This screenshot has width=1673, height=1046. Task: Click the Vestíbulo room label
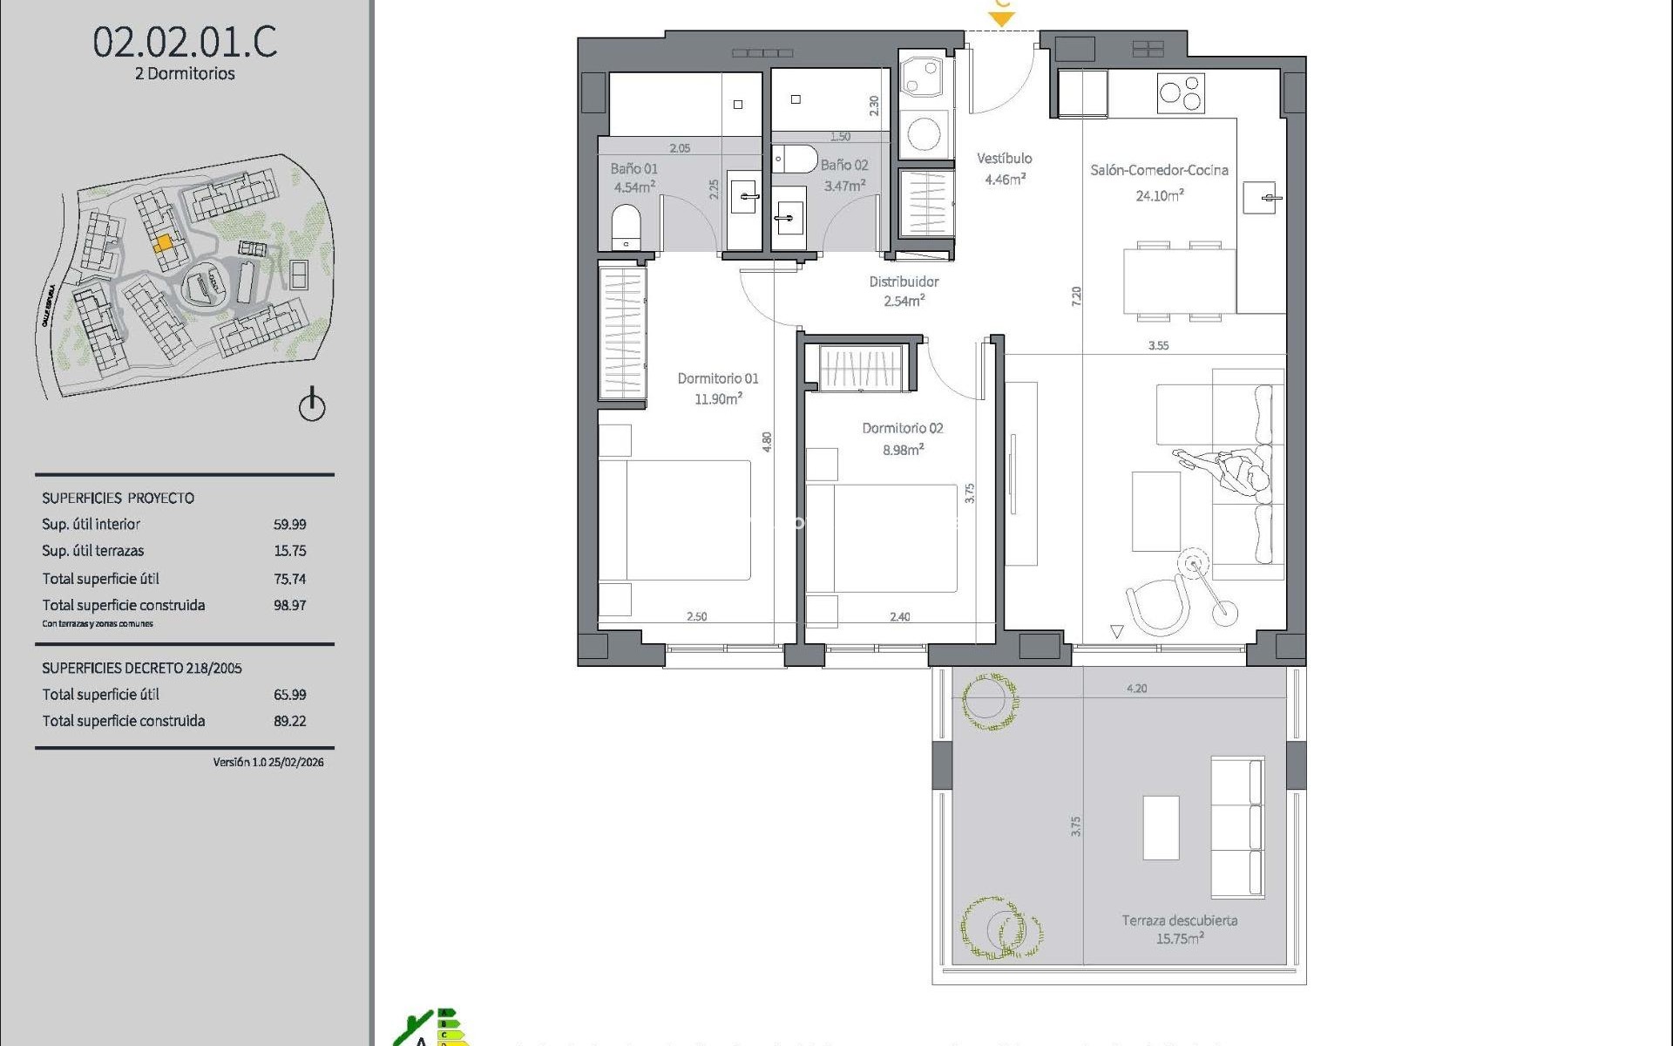click(x=1004, y=159)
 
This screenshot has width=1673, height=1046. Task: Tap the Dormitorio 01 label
click(x=718, y=378)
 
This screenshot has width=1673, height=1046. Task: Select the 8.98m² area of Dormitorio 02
click(x=903, y=450)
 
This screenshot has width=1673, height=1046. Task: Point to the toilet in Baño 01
click(x=626, y=227)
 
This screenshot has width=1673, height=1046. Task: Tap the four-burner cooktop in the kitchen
click(x=1181, y=93)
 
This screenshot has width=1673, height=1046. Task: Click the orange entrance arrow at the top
click(x=1002, y=17)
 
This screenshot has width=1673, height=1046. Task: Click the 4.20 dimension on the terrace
click(x=1136, y=688)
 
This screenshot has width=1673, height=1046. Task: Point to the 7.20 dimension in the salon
click(x=1076, y=295)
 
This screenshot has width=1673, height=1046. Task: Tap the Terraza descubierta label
click(x=1179, y=920)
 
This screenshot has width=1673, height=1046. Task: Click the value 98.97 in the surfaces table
click(x=289, y=605)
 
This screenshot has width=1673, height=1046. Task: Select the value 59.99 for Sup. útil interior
click(x=289, y=525)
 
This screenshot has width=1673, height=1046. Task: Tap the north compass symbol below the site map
click(x=312, y=405)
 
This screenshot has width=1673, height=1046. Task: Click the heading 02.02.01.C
click(x=185, y=42)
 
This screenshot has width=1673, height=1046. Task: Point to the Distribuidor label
click(x=904, y=282)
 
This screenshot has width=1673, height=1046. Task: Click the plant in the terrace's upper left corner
click(x=990, y=700)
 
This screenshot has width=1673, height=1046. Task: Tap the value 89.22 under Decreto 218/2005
click(x=289, y=721)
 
